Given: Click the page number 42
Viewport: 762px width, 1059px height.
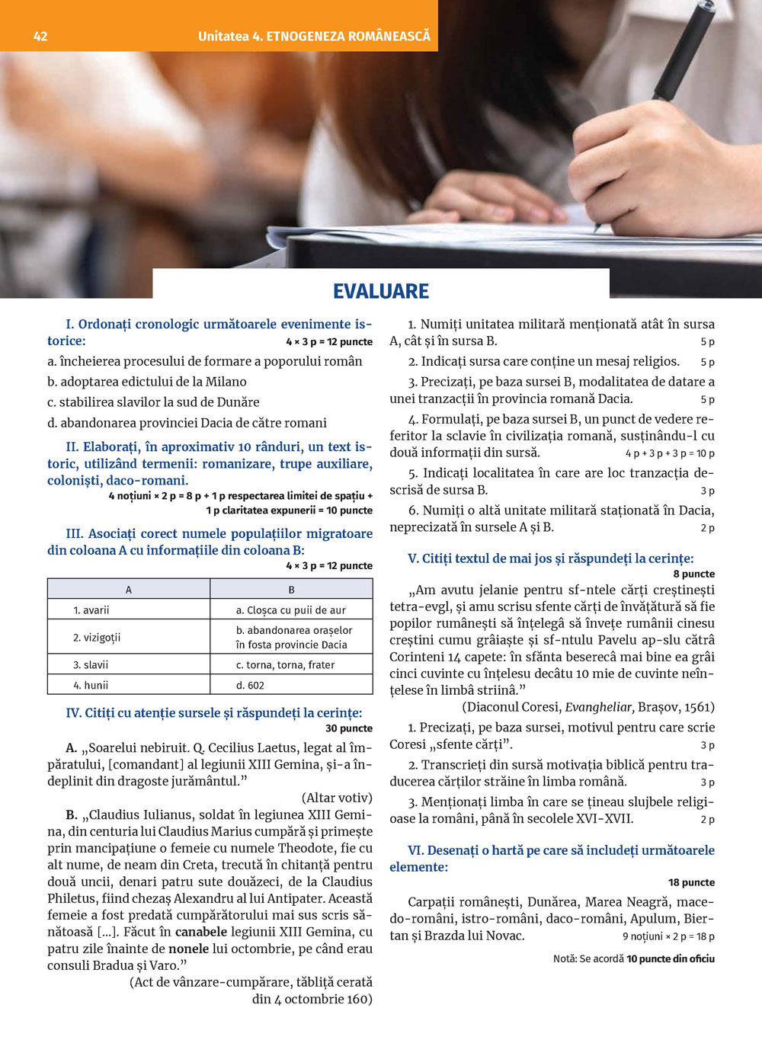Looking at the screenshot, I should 40,36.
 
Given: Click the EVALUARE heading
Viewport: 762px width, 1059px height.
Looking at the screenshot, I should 381,291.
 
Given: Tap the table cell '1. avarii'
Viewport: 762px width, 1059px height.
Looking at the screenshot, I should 91,609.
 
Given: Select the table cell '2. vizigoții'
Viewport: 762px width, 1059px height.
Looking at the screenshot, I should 97,637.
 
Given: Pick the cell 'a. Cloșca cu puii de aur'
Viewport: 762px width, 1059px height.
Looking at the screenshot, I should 291,609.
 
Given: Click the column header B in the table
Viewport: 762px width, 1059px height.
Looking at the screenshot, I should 291,589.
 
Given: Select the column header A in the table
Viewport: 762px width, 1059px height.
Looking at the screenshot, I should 129,589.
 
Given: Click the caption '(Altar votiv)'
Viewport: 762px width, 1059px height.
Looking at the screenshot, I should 337,798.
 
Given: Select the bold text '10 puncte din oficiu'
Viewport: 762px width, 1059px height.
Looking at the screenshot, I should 671,958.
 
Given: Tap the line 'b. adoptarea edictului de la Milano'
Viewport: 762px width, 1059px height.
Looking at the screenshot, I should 147,382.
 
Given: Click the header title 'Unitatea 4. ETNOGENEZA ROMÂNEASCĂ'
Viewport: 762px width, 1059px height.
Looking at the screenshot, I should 314,36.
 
